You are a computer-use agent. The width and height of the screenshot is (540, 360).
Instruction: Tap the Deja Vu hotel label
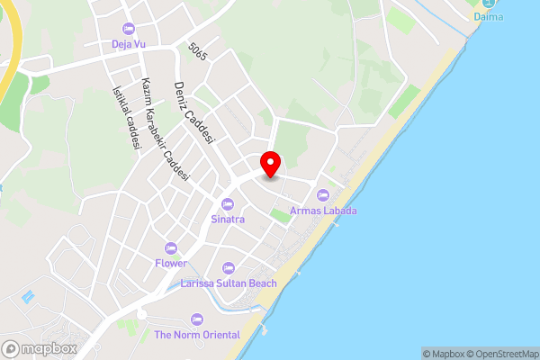pos(128,44)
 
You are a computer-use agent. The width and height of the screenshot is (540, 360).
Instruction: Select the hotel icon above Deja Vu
pos(128,30)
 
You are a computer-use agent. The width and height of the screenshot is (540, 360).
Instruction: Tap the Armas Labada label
pos(323,211)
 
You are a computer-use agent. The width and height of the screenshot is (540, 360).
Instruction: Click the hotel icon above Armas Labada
pos(323,196)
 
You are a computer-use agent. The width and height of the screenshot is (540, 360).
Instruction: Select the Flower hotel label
pos(170,263)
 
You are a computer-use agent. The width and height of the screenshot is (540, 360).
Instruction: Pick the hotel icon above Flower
pos(170,248)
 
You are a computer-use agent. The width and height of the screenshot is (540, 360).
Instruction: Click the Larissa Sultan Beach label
pos(229,283)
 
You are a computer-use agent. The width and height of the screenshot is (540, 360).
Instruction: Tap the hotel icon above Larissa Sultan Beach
pos(229,268)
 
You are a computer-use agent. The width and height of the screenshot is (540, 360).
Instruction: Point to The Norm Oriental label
pos(197,335)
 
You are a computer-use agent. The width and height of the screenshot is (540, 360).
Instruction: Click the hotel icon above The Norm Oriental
pos(197,319)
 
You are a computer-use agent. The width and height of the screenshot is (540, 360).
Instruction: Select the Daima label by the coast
pos(489,16)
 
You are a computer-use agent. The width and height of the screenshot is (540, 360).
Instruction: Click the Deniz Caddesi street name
pos(194,113)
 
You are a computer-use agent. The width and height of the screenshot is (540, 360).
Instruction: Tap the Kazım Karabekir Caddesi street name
pos(164,130)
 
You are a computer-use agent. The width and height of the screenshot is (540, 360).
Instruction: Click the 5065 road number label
pos(198,51)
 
